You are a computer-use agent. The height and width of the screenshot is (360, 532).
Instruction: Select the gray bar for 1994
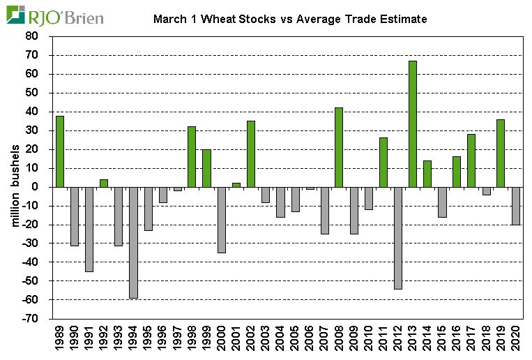133,242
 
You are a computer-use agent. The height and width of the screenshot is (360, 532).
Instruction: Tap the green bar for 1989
60,151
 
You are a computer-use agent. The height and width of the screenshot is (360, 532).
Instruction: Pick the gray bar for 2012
397,238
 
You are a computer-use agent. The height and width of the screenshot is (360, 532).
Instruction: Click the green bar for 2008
339,147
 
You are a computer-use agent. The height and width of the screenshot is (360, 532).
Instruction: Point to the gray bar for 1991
89,229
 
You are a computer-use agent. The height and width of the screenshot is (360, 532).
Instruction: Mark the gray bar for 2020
515,206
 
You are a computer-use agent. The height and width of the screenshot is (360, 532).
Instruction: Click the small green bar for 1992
104,183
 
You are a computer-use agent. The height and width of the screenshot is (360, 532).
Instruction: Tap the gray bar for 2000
222,220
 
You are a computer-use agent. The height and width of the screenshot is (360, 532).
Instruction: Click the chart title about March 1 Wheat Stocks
289,19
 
